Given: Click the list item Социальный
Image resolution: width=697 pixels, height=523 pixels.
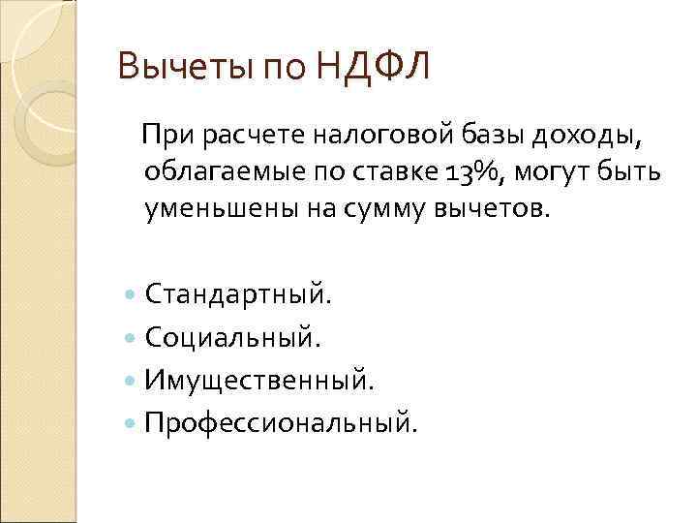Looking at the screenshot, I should tap(229, 337).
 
